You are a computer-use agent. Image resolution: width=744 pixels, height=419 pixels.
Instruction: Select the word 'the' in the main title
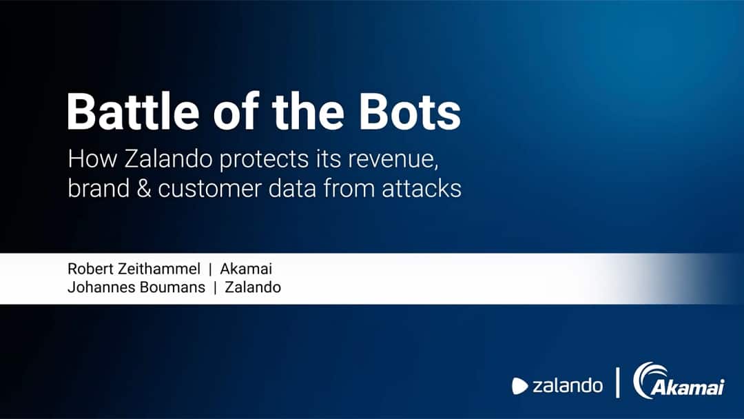308,112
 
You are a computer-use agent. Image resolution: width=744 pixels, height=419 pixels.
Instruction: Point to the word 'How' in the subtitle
92,159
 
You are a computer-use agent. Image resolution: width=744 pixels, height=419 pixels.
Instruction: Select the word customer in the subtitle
209,189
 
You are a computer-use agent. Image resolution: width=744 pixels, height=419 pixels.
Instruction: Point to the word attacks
422,188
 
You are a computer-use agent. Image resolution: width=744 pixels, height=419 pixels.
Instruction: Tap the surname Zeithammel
159,269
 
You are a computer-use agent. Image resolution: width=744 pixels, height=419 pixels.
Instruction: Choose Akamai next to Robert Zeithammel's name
246,269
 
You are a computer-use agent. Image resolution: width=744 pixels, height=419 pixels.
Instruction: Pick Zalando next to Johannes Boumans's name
253,287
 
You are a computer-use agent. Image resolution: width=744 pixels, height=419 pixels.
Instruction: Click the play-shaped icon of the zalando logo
520,386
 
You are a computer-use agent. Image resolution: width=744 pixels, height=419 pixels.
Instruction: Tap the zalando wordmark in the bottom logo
568,385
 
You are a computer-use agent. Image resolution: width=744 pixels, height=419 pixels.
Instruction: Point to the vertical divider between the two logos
618,382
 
